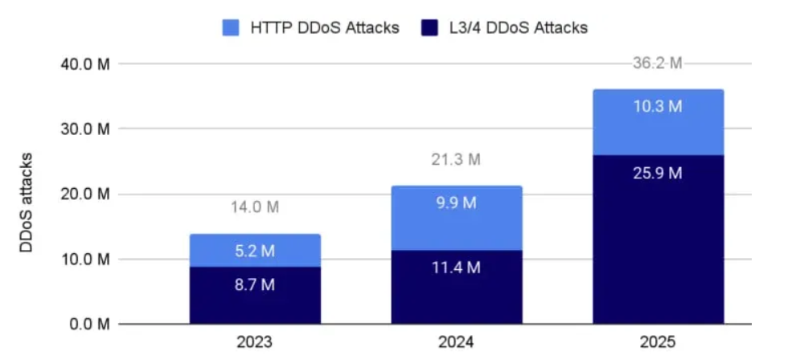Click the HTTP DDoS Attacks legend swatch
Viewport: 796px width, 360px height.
230,28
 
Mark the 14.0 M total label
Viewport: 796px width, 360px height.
255,207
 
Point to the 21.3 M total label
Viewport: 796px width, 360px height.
456,160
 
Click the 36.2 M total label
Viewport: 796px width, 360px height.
658,63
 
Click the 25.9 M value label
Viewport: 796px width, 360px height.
658,174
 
